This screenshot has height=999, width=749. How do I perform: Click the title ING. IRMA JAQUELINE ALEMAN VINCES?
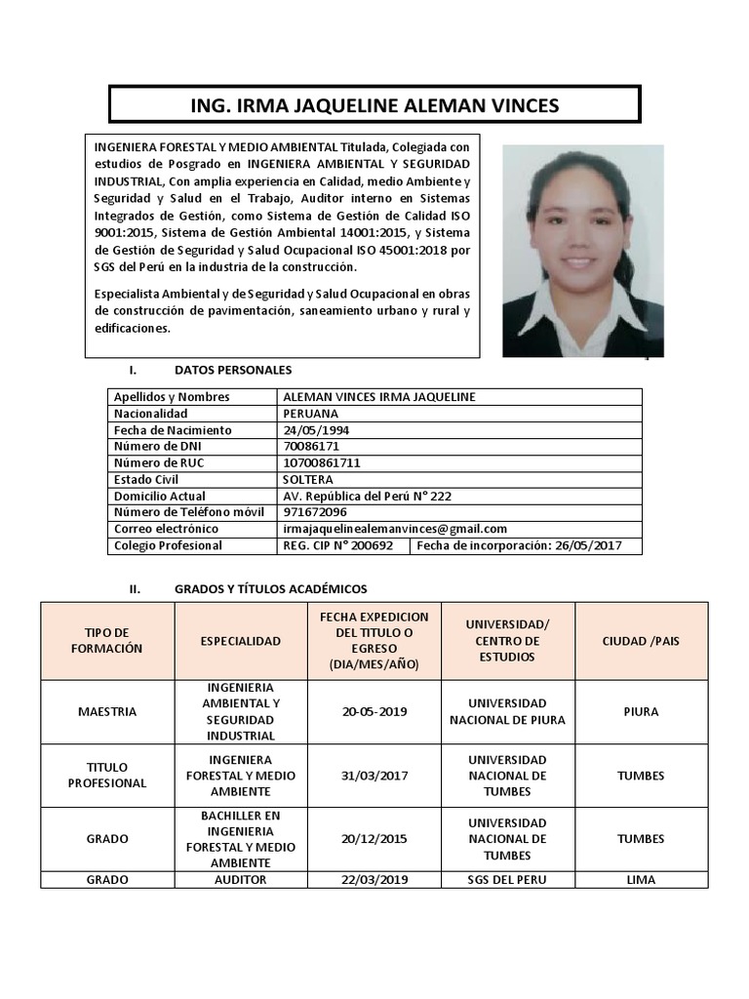tap(374, 105)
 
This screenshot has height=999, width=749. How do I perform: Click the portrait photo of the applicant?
tap(582, 251)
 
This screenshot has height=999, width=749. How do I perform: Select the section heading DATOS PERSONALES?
tap(232, 371)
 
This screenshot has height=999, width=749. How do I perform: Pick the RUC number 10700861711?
tap(321, 463)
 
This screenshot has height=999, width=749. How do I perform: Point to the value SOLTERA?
tap(307, 480)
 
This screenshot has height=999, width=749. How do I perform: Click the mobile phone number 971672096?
tap(314, 512)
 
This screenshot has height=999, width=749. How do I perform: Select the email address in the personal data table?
tap(394, 529)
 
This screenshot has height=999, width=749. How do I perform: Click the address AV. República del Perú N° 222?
tap(367, 497)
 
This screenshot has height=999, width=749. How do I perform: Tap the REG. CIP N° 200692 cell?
tap(337, 546)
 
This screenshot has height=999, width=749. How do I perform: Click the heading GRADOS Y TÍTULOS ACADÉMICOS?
tap(270, 589)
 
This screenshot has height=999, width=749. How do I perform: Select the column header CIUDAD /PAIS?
tap(641, 641)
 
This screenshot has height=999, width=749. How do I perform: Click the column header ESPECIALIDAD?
tap(240, 641)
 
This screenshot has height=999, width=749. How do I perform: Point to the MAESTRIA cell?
tap(107, 712)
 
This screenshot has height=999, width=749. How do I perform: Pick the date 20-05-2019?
tap(374, 712)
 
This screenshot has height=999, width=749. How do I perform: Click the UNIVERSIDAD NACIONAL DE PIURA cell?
tap(507, 712)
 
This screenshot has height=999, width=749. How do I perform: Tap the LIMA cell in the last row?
tap(641, 880)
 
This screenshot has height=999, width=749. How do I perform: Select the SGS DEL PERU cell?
tap(507, 880)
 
